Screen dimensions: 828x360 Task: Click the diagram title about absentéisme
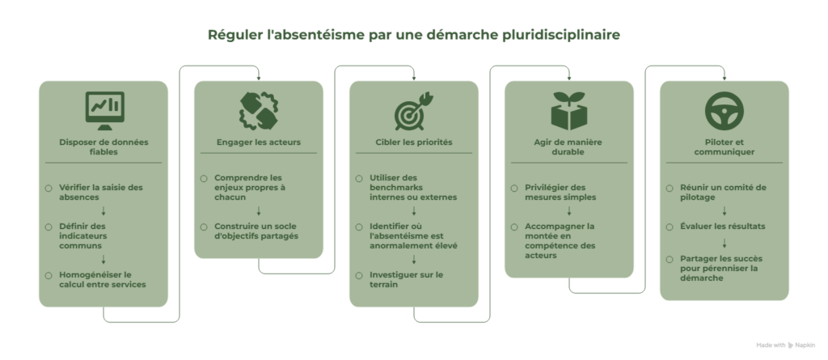pyautogui.click(x=413, y=35)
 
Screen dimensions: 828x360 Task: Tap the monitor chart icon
pyautogui.click(x=104, y=111)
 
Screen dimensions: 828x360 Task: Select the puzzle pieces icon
pyautogui.click(x=258, y=111)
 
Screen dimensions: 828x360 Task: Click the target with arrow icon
pyautogui.click(x=413, y=111)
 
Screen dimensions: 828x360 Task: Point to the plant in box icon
pyautogui.click(x=568, y=111)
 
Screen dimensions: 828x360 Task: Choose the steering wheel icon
pyautogui.click(x=724, y=111)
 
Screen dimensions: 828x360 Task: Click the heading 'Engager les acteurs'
pyautogui.click(x=258, y=142)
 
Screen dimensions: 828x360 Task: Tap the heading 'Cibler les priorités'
pyautogui.click(x=413, y=142)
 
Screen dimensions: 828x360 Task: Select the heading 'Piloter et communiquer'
pyautogui.click(x=724, y=147)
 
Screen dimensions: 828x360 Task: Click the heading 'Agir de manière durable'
pyautogui.click(x=568, y=147)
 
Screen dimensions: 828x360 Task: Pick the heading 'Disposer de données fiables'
pyautogui.click(x=103, y=147)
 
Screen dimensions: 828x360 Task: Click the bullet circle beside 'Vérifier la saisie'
pyautogui.click(x=49, y=188)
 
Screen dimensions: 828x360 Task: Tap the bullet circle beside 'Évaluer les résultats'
pyautogui.click(x=670, y=227)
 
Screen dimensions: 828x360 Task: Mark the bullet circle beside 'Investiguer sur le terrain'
pyautogui.click(x=359, y=275)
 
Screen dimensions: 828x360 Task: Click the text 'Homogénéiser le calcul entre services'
pyautogui.click(x=103, y=280)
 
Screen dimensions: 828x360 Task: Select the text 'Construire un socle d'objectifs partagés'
pyautogui.click(x=256, y=231)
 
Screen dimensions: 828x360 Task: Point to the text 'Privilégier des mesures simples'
pyautogui.click(x=560, y=193)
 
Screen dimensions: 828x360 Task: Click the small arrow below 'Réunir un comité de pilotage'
pyautogui.click(x=724, y=211)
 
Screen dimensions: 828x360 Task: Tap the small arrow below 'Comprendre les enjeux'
pyautogui.click(x=259, y=211)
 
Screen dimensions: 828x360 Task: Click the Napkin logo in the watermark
pyautogui.click(x=791, y=345)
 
